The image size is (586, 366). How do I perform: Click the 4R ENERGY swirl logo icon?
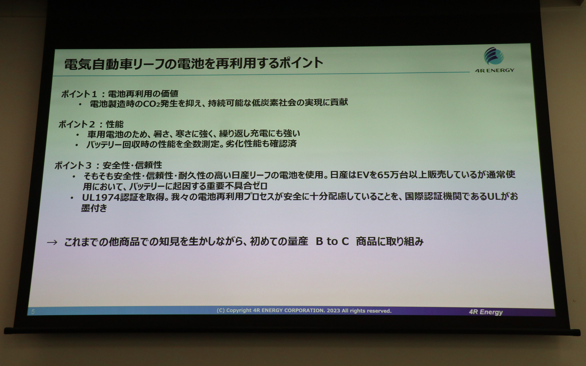pos(494,56)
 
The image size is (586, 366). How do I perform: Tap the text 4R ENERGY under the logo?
pos(494,70)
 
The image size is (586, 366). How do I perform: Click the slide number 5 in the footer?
pos(33,311)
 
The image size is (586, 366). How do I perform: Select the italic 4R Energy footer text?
pos(486,312)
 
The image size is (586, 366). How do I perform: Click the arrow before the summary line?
pos(52,242)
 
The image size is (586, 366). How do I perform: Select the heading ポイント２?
pos(77,124)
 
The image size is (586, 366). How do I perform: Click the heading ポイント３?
pos(73,165)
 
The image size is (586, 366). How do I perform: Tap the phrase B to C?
pos(332,241)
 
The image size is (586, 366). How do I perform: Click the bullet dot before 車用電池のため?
pos(78,134)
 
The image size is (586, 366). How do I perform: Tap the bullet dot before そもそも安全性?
pos(74,176)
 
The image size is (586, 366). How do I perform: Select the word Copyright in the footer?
pos(239,310)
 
